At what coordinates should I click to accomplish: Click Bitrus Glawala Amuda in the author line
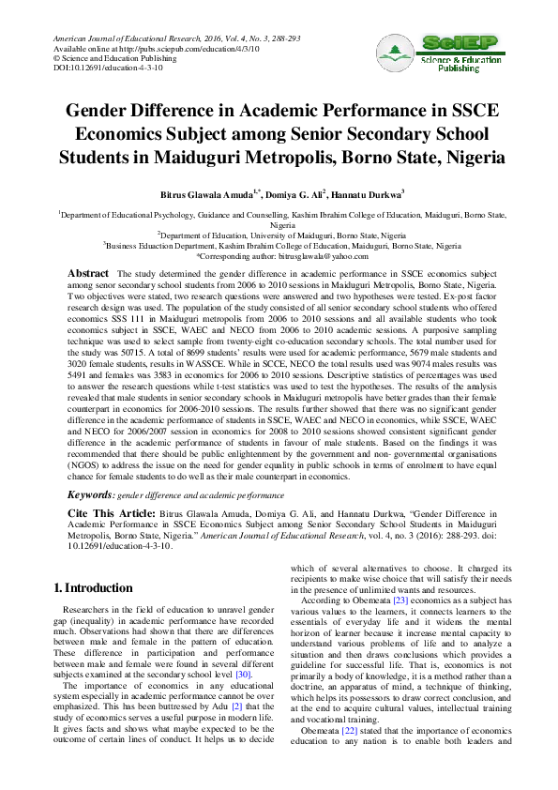click(204, 195)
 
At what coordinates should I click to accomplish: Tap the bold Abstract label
click(89, 272)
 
